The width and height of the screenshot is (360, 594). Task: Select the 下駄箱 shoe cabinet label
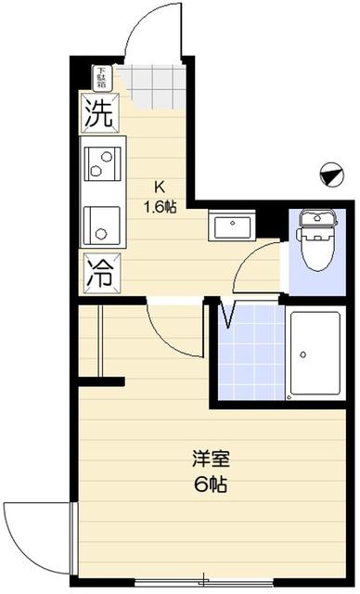point(100,76)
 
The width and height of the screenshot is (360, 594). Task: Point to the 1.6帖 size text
point(159,206)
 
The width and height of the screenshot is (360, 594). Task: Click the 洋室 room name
point(210,459)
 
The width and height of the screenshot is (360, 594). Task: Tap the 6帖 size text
point(211,484)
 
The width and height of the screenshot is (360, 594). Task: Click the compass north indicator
point(329,173)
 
